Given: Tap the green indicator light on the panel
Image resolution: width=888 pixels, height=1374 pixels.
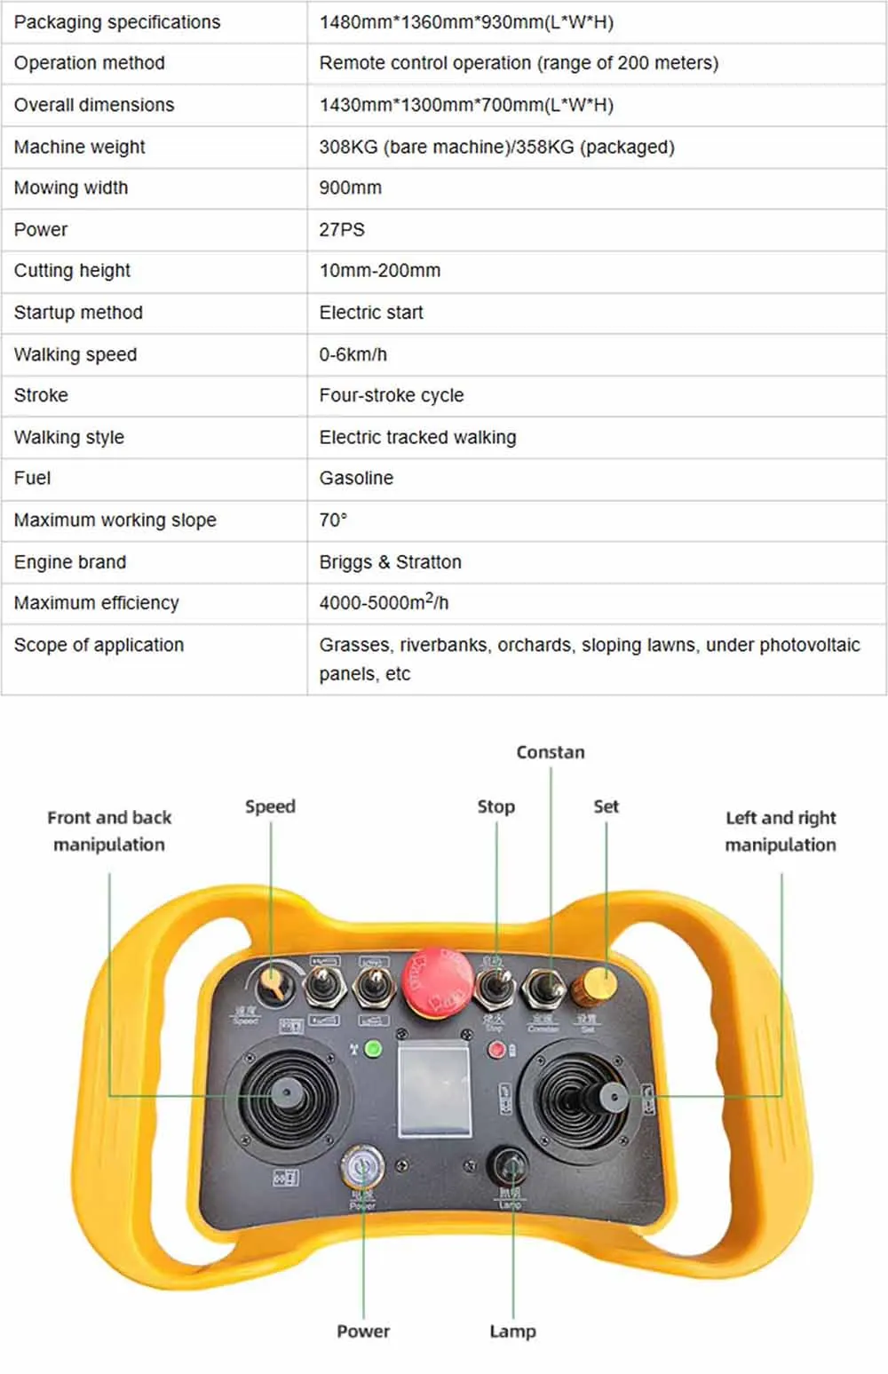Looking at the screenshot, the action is tap(374, 1049).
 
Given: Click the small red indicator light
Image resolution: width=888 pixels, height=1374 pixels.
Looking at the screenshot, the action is tap(497, 1050).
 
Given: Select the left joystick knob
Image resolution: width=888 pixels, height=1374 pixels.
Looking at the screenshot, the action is tap(286, 1093).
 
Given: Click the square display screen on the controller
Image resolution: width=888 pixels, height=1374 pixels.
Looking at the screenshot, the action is tap(434, 1090).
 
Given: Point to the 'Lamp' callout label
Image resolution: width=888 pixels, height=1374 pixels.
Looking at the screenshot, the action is tap(512, 1330).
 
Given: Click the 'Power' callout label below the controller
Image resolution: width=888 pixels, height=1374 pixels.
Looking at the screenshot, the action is tap(363, 1330).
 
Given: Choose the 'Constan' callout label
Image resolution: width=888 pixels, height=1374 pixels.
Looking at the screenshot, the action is tap(551, 752).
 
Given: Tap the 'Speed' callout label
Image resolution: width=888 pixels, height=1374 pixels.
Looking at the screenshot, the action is tap(270, 806).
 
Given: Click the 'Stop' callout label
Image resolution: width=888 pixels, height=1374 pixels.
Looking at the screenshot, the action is tap(496, 806).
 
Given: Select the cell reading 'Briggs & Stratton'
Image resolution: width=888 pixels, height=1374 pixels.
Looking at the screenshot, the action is tap(391, 562).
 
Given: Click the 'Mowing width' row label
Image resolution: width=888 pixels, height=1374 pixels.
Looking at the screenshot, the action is tap(71, 187).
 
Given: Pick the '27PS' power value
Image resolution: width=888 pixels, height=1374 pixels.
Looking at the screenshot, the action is tap(342, 229).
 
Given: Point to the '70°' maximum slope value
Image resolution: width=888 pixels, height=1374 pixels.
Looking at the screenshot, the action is tap(333, 520).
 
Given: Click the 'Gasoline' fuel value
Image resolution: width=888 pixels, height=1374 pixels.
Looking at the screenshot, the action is tap(356, 478).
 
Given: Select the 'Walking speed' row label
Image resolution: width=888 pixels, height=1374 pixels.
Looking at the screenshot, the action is tap(75, 354).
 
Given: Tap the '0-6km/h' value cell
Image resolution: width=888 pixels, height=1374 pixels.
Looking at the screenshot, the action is tap(353, 354).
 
